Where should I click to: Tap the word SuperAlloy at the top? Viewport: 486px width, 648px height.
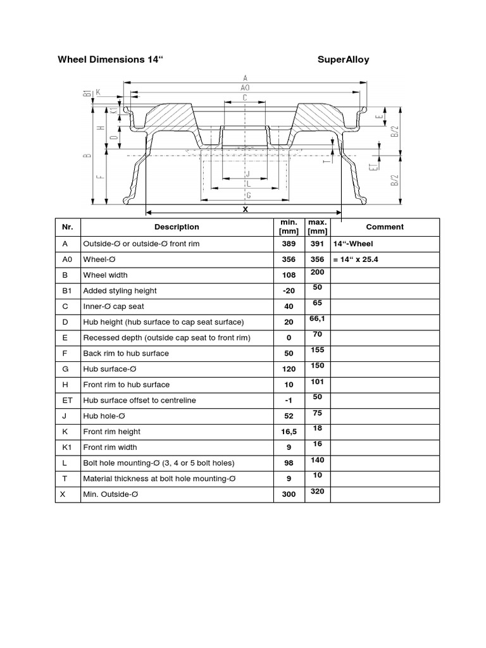[x=343, y=60]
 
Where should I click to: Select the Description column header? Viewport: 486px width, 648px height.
[x=177, y=227]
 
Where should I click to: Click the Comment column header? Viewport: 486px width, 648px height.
[x=385, y=227]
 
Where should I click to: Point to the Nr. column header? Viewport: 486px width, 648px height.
[x=68, y=227]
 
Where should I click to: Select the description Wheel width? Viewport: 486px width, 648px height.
[x=105, y=275]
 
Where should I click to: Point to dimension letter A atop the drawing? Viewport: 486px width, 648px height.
[x=245, y=78]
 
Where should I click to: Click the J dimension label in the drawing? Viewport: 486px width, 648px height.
[x=249, y=173]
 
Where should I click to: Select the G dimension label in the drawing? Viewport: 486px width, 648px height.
[x=248, y=195]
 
